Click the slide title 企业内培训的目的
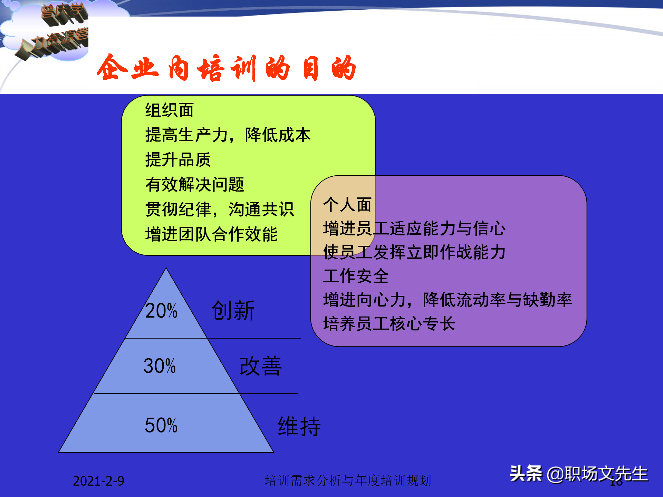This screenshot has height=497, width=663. click(x=226, y=68)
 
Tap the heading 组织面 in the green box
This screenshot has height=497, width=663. click(x=169, y=110)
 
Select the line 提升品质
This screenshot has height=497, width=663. click(x=178, y=160)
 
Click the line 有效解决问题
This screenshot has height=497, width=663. click(x=195, y=185)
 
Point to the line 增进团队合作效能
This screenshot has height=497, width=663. click(x=211, y=234)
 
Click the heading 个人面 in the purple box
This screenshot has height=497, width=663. click(x=347, y=205)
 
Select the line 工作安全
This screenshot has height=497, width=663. click(x=356, y=276)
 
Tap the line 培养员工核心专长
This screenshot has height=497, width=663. click(x=389, y=324)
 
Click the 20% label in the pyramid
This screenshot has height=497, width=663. click(x=161, y=311)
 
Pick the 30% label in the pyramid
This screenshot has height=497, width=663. click(x=160, y=366)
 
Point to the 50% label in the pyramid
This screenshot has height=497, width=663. click(x=161, y=425)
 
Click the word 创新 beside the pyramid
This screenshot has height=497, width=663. click(x=233, y=311)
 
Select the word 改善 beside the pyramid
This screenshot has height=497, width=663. click(x=261, y=366)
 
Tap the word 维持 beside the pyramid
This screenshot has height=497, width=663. click(x=299, y=427)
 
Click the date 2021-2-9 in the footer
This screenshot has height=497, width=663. click(x=98, y=481)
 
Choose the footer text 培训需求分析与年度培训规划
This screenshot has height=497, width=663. click(x=348, y=480)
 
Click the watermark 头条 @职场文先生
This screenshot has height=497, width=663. click(x=579, y=474)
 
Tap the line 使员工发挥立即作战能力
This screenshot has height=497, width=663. click(x=414, y=252)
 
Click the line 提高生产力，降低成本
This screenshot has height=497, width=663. click(x=228, y=135)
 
